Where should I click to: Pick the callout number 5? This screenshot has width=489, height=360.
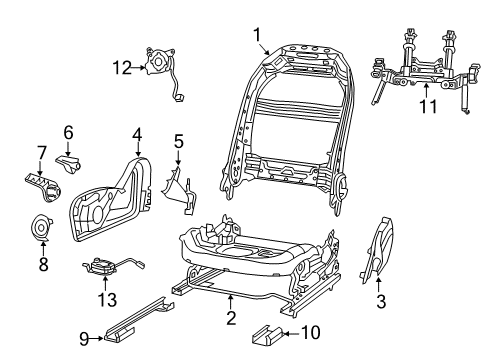coord(178,142)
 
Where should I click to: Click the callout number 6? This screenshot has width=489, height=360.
coord(68,132)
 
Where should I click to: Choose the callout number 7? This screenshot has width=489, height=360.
coord(41,153)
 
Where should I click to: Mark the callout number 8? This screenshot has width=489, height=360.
coord(43,264)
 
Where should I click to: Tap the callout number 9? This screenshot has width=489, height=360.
coord(87,338)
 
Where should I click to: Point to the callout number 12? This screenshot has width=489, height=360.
coord(122,67)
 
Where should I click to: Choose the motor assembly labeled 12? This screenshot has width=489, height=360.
coord(161,63)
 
